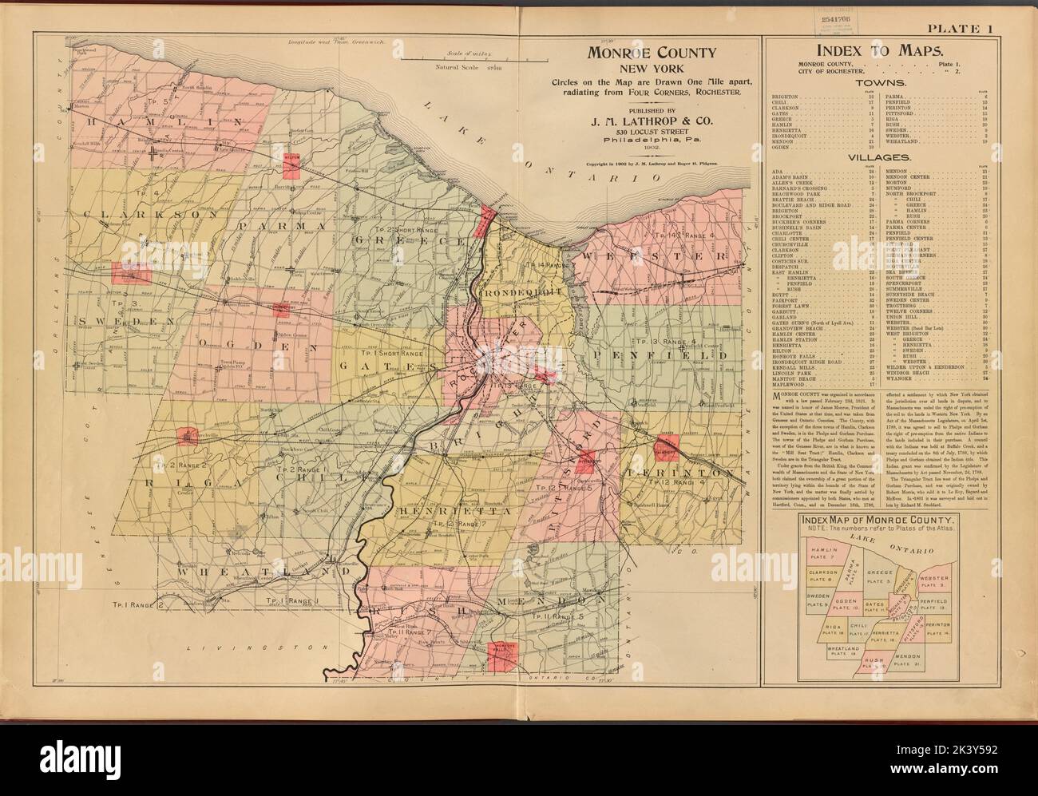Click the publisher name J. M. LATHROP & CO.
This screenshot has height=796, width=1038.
[651, 122]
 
